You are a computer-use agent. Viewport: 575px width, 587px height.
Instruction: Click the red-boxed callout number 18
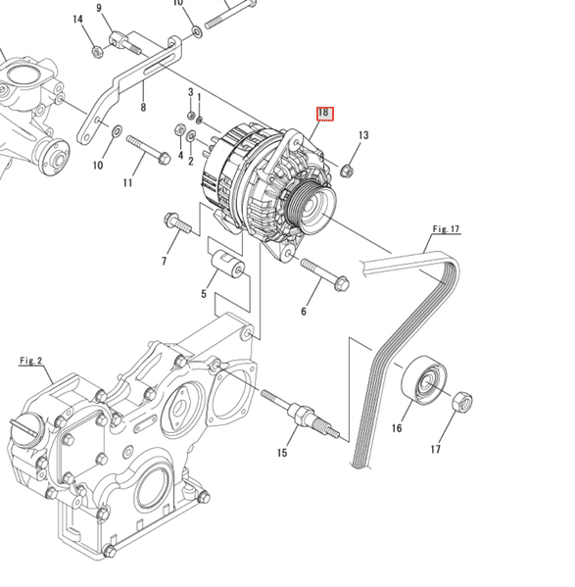tap(324, 113)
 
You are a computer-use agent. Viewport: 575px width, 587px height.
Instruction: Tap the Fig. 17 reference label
tap(446, 229)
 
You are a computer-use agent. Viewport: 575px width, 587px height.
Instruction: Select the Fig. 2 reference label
tap(31, 361)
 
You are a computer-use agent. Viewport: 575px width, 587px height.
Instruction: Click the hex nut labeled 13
tap(346, 171)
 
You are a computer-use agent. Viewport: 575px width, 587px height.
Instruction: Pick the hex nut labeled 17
tap(463, 402)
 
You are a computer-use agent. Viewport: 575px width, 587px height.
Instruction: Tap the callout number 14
tap(77, 20)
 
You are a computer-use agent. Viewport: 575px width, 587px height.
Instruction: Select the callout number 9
tap(99, 9)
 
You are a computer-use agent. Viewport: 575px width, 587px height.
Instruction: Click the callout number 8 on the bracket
tap(143, 108)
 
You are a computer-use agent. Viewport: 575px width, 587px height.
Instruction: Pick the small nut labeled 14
tap(97, 51)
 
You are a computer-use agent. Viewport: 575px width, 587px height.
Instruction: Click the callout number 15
tap(282, 452)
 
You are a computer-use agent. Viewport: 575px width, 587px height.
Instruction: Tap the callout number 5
tap(204, 293)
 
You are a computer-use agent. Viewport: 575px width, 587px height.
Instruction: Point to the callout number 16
tap(397, 428)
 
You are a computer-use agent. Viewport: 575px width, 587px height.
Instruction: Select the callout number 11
tap(127, 183)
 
